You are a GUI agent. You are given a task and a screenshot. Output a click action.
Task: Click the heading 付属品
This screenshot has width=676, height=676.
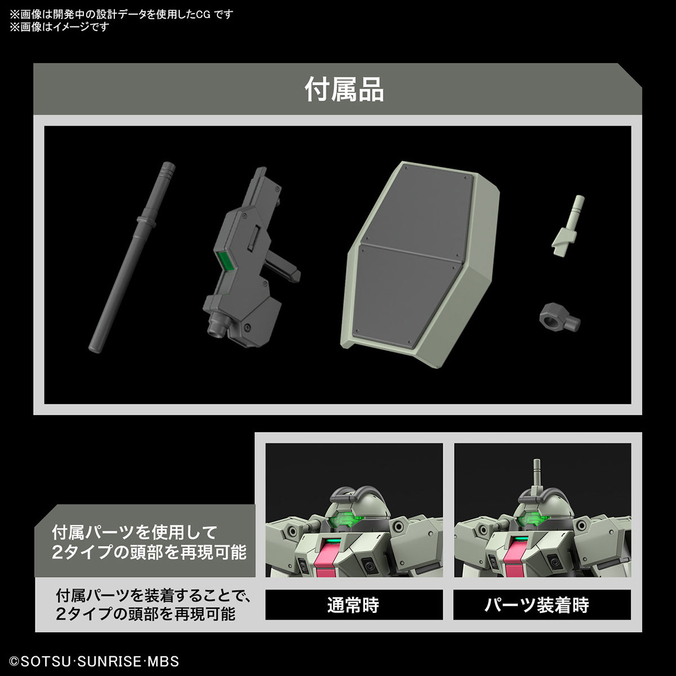(x=344, y=90)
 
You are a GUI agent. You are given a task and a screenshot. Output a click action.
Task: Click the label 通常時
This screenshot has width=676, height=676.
(x=353, y=605)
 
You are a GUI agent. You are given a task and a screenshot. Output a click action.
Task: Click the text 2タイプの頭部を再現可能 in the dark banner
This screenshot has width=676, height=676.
(x=149, y=553)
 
